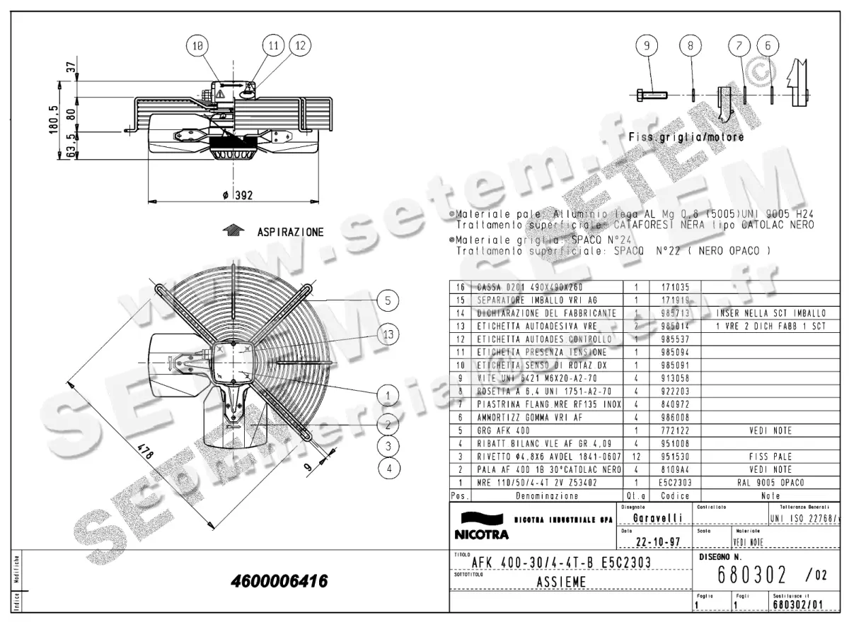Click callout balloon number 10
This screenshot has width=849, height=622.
[x=199, y=45]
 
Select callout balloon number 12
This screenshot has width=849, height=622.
[x=300, y=45]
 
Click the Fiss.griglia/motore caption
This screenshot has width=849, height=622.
[x=686, y=138]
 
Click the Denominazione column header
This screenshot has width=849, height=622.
[x=538, y=495]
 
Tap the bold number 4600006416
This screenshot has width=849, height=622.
[x=279, y=582]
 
